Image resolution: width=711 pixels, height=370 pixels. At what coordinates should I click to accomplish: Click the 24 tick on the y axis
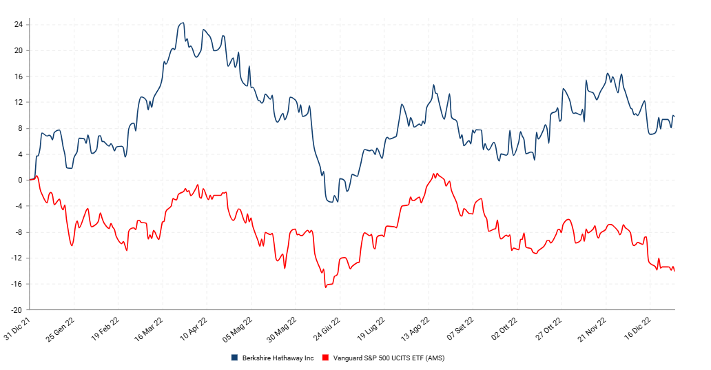19,25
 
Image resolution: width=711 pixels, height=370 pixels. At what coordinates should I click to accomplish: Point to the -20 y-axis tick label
17,310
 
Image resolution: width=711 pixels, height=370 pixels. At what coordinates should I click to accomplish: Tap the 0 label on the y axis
21,181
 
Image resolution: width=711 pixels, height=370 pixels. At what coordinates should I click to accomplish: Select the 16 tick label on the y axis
19,76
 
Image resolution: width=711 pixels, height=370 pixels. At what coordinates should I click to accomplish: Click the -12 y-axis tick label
17,258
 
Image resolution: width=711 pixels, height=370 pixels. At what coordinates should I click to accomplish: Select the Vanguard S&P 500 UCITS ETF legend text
389,358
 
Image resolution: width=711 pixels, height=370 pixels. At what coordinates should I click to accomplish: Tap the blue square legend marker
235,358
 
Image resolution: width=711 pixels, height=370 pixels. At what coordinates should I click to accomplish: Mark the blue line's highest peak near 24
183,23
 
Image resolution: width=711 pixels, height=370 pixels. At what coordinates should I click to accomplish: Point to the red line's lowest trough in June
326,287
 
